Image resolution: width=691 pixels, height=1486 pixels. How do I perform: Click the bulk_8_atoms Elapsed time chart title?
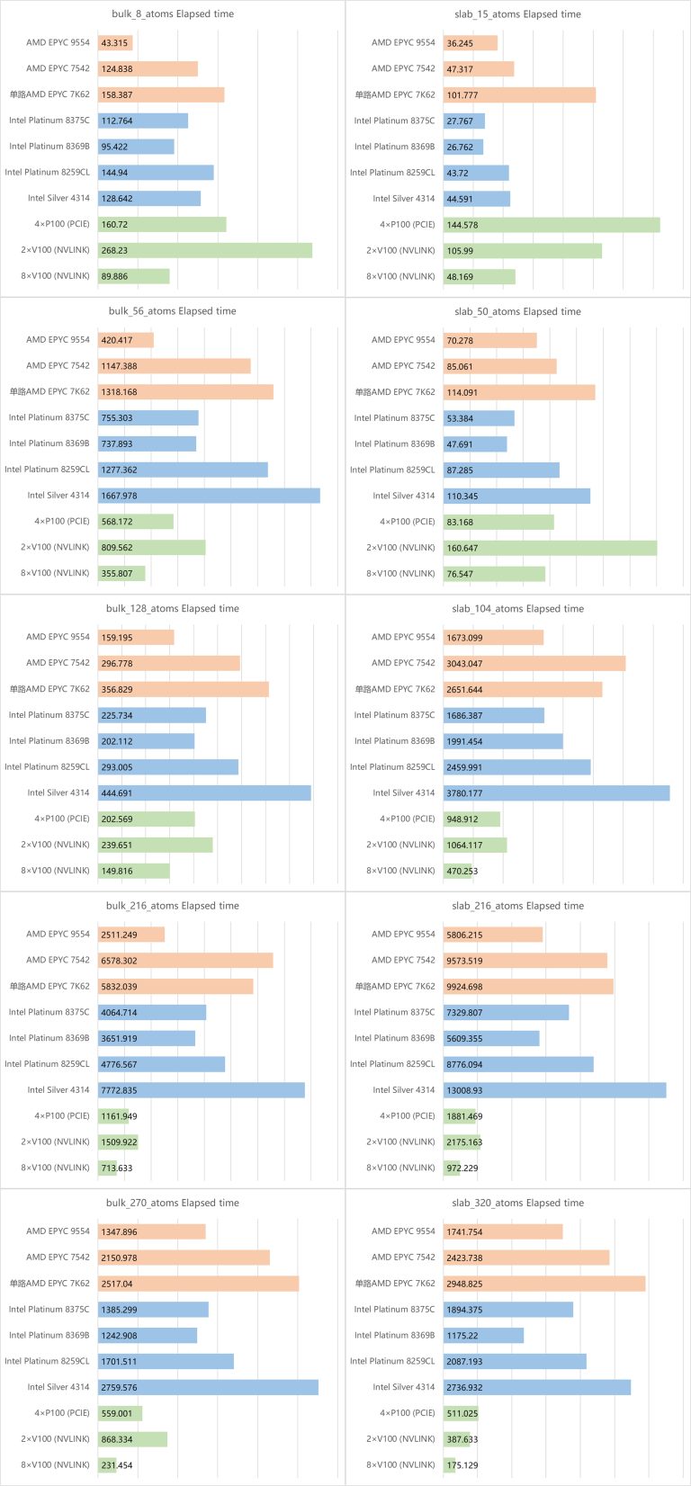point(172,14)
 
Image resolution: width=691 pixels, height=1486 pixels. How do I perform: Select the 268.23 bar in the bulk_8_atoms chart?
point(205,251)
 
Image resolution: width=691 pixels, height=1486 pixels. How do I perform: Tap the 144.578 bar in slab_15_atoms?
point(551,225)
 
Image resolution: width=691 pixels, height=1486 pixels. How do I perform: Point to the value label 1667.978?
point(120,496)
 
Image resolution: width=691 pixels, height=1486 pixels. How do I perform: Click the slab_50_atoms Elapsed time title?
point(517,312)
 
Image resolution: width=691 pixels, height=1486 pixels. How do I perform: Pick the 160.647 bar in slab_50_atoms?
point(550,548)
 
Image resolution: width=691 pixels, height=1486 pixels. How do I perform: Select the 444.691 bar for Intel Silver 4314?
point(204,793)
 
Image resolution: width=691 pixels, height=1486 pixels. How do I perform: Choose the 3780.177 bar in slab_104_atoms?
point(556,793)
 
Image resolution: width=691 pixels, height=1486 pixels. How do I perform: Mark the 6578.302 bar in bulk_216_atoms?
point(185,961)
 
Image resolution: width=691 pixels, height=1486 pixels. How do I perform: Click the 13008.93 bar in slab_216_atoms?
point(554,1090)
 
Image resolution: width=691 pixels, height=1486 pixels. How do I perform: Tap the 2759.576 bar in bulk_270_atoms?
point(208,1388)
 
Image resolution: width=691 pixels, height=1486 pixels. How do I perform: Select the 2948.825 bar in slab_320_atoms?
point(543,1285)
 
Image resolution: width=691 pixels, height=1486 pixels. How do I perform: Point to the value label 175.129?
point(462,1465)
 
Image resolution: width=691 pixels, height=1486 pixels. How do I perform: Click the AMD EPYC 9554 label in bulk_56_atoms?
point(58,340)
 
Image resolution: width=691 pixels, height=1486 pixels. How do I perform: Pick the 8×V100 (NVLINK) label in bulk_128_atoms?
point(56,871)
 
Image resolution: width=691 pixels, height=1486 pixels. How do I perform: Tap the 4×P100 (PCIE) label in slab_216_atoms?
point(407,1116)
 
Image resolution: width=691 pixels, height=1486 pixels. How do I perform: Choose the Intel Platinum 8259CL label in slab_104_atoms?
point(392,767)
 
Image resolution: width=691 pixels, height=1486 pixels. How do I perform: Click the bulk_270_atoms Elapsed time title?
point(172,1204)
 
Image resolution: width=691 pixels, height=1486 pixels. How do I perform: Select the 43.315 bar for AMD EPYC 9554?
point(115,43)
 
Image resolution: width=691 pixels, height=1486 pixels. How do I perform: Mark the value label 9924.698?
point(465,987)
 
